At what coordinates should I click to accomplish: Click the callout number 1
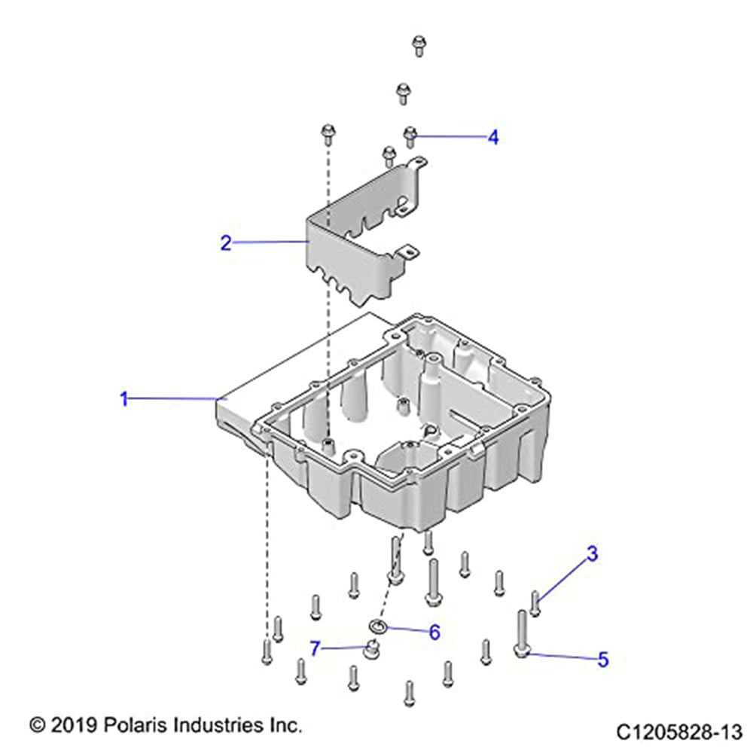point(124,398)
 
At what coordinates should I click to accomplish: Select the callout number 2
point(226,243)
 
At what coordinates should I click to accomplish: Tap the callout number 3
point(593,553)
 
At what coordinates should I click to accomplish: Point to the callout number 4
point(493,137)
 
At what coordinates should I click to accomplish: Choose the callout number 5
point(603,660)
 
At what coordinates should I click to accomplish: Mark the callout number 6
point(434,633)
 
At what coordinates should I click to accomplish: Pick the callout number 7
point(315,649)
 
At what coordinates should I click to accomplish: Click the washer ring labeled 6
point(378,625)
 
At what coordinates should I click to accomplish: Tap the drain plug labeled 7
point(371,649)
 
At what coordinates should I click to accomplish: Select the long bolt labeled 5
point(523,633)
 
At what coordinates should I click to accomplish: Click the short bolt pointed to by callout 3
point(535,604)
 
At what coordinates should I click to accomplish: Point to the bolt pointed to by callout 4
point(410,136)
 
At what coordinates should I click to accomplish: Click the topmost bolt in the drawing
point(419,45)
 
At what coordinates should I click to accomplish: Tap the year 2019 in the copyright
point(75,725)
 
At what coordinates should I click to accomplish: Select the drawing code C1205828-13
point(679,733)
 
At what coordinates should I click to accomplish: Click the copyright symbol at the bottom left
point(38,725)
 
